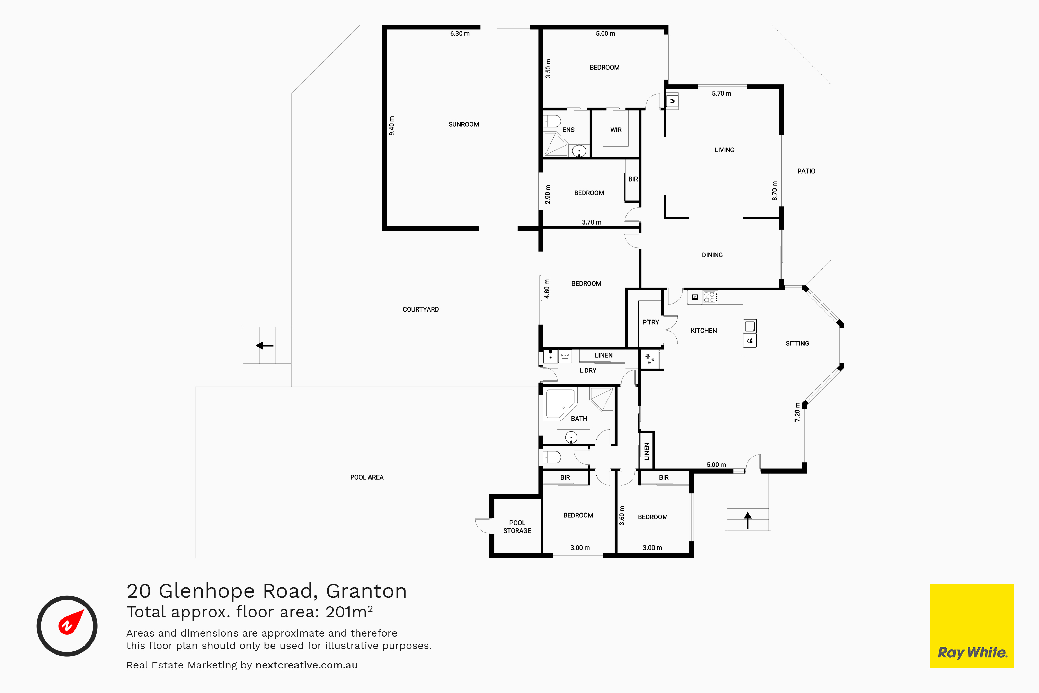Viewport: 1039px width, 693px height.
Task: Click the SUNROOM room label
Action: (x=463, y=125)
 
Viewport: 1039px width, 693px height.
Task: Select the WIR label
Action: (x=616, y=130)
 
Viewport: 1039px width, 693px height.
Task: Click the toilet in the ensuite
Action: (x=552, y=121)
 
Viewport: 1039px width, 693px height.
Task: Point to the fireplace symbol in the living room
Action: (x=672, y=101)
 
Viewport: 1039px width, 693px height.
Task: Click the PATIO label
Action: (x=806, y=171)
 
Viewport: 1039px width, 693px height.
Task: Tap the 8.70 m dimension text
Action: (x=774, y=191)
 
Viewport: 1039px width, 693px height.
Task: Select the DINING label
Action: (x=712, y=255)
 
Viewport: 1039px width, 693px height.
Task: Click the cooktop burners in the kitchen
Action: (x=710, y=297)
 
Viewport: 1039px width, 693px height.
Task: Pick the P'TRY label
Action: (x=651, y=322)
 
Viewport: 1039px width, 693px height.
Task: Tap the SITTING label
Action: (x=797, y=343)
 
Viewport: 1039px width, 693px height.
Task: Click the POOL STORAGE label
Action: (x=517, y=527)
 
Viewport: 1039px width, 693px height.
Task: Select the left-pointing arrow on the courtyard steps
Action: (x=265, y=345)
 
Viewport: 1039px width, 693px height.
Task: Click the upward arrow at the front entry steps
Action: (x=747, y=520)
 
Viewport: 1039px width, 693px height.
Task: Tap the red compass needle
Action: (x=71, y=622)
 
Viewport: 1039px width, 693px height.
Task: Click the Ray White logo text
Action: (x=972, y=653)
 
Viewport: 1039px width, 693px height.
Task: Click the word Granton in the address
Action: (x=366, y=591)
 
